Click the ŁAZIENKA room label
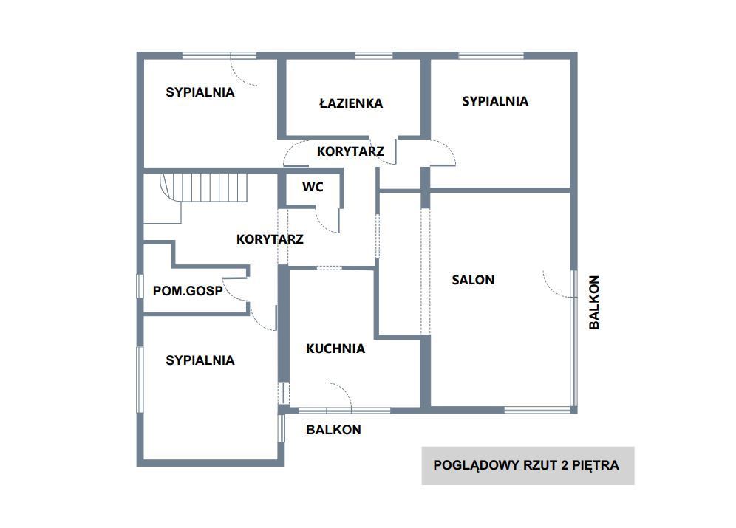tap(351, 103)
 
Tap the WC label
tap(313, 187)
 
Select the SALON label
tap(473, 280)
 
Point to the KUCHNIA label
tap(335, 349)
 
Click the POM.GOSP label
tap(188, 291)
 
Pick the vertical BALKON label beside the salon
tap(594, 303)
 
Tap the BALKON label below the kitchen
tap(334, 430)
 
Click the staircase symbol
tap(203, 188)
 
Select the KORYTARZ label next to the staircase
tap(270, 239)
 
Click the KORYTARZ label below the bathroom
tap(350, 151)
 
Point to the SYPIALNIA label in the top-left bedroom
tap(200, 92)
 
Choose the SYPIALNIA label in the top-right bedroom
tap(495, 101)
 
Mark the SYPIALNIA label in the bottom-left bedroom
tap(200, 360)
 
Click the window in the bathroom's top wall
tap(374, 56)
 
